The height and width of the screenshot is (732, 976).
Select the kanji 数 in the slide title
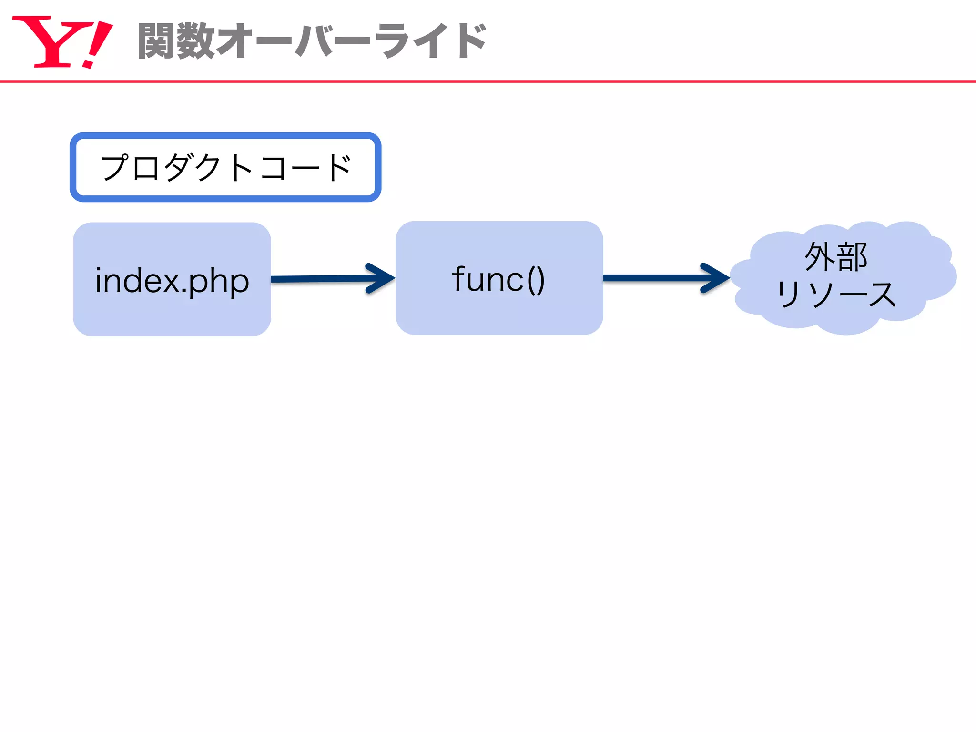pos(195,41)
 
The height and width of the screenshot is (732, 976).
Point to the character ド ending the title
pos(469,41)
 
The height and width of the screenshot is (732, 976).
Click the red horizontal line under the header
pos(488,81)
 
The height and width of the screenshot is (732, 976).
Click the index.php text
pos(172,281)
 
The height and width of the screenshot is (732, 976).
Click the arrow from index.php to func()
pos(324,279)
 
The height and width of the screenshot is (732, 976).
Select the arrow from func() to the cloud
pos(658,278)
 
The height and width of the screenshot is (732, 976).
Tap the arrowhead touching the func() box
pos(381,278)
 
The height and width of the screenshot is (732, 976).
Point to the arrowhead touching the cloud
pos(716,278)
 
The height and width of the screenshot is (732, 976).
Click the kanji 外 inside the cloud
pos(820,257)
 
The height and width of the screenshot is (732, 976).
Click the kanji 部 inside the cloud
pos(852,257)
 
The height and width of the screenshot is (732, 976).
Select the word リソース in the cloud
pos(836,295)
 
